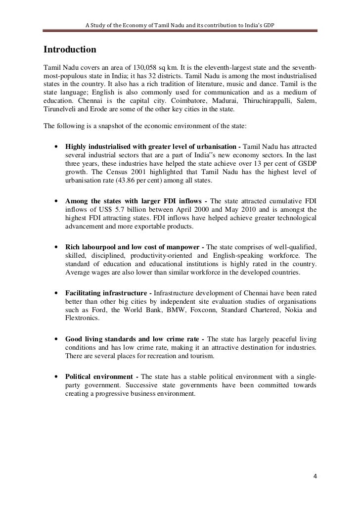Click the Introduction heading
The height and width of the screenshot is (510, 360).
click(x=70, y=50)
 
